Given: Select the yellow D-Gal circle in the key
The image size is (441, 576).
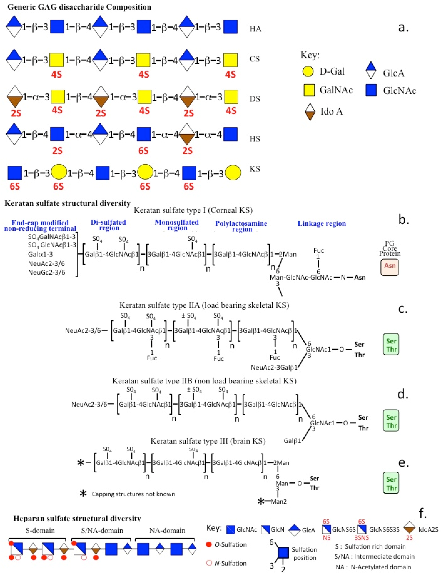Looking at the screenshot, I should pos(308,71).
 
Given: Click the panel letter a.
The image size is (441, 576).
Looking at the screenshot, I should pos(403,27).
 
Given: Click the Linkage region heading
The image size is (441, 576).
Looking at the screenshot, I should pos(322,224).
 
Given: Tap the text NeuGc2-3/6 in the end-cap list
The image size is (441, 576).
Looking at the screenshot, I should pos(46,272).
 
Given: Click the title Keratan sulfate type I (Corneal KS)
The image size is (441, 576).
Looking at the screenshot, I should pos(193,210).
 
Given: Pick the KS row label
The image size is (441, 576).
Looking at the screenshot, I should pos(255,169).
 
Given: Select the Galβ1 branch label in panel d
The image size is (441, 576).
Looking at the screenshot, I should pos(292,441).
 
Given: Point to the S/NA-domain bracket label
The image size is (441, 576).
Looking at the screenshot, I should pos(102,531).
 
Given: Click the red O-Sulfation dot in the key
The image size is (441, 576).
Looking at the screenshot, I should pos(209,545).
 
